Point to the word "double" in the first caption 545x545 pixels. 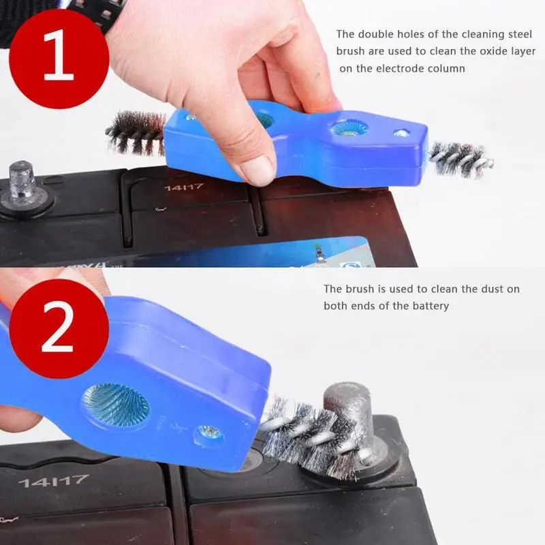pyautogui.click(x=372, y=33)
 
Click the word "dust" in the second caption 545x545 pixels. pyautogui.click(x=482, y=289)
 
